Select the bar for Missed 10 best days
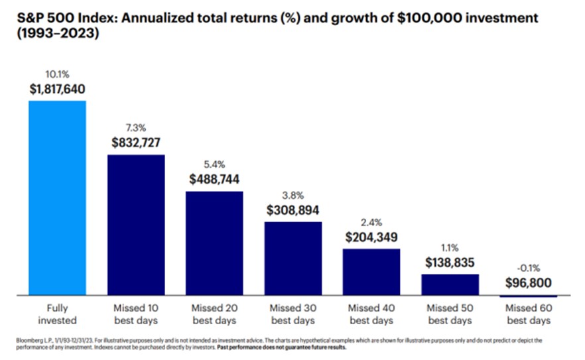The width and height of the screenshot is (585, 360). (x=136, y=225)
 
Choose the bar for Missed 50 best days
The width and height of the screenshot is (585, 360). (x=450, y=284)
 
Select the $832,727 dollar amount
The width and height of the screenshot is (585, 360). (x=136, y=143)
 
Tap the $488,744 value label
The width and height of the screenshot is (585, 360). (x=214, y=179)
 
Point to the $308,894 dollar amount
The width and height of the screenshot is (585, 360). (x=292, y=210)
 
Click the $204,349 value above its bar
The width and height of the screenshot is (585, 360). (x=371, y=237)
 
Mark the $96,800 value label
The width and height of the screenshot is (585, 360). (x=529, y=284)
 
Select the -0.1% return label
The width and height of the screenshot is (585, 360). (x=529, y=269)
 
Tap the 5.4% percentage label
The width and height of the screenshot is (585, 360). (x=214, y=164)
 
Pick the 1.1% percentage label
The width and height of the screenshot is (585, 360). (x=450, y=248)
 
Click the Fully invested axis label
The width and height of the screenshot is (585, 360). (x=57, y=314)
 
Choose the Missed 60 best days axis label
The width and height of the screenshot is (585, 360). (x=529, y=314)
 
